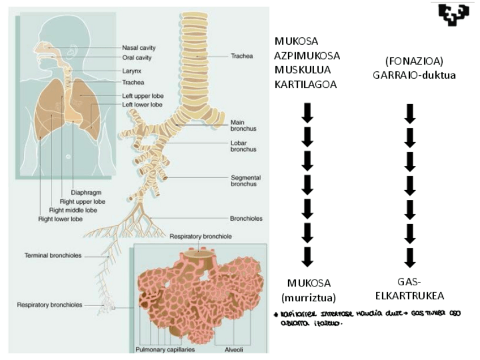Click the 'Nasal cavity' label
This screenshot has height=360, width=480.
coord(139,48)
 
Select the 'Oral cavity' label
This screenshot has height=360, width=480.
coord(137,57)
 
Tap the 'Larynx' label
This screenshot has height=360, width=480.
coord(131,72)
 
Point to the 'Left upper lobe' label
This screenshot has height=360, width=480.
coord(142,96)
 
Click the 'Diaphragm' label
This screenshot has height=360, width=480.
coord(86,192)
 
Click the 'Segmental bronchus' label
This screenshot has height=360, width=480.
coord(245,181)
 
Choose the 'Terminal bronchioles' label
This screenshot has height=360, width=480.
coord(53,256)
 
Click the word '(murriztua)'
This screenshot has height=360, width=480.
coord(308,297)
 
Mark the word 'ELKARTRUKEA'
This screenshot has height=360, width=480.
coord(411,296)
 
